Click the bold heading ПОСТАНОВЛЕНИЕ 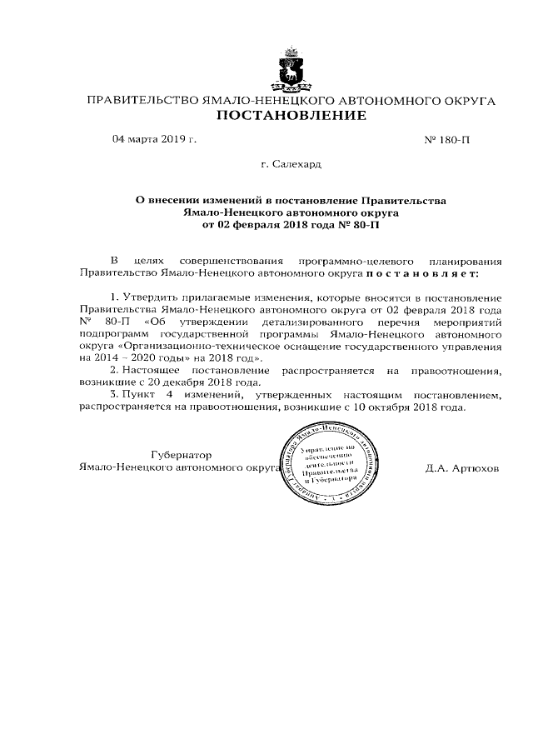tap(291, 117)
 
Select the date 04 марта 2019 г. tap(154, 139)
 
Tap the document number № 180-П tap(447, 140)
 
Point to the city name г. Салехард tap(291, 166)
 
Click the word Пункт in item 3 tap(139, 395)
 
